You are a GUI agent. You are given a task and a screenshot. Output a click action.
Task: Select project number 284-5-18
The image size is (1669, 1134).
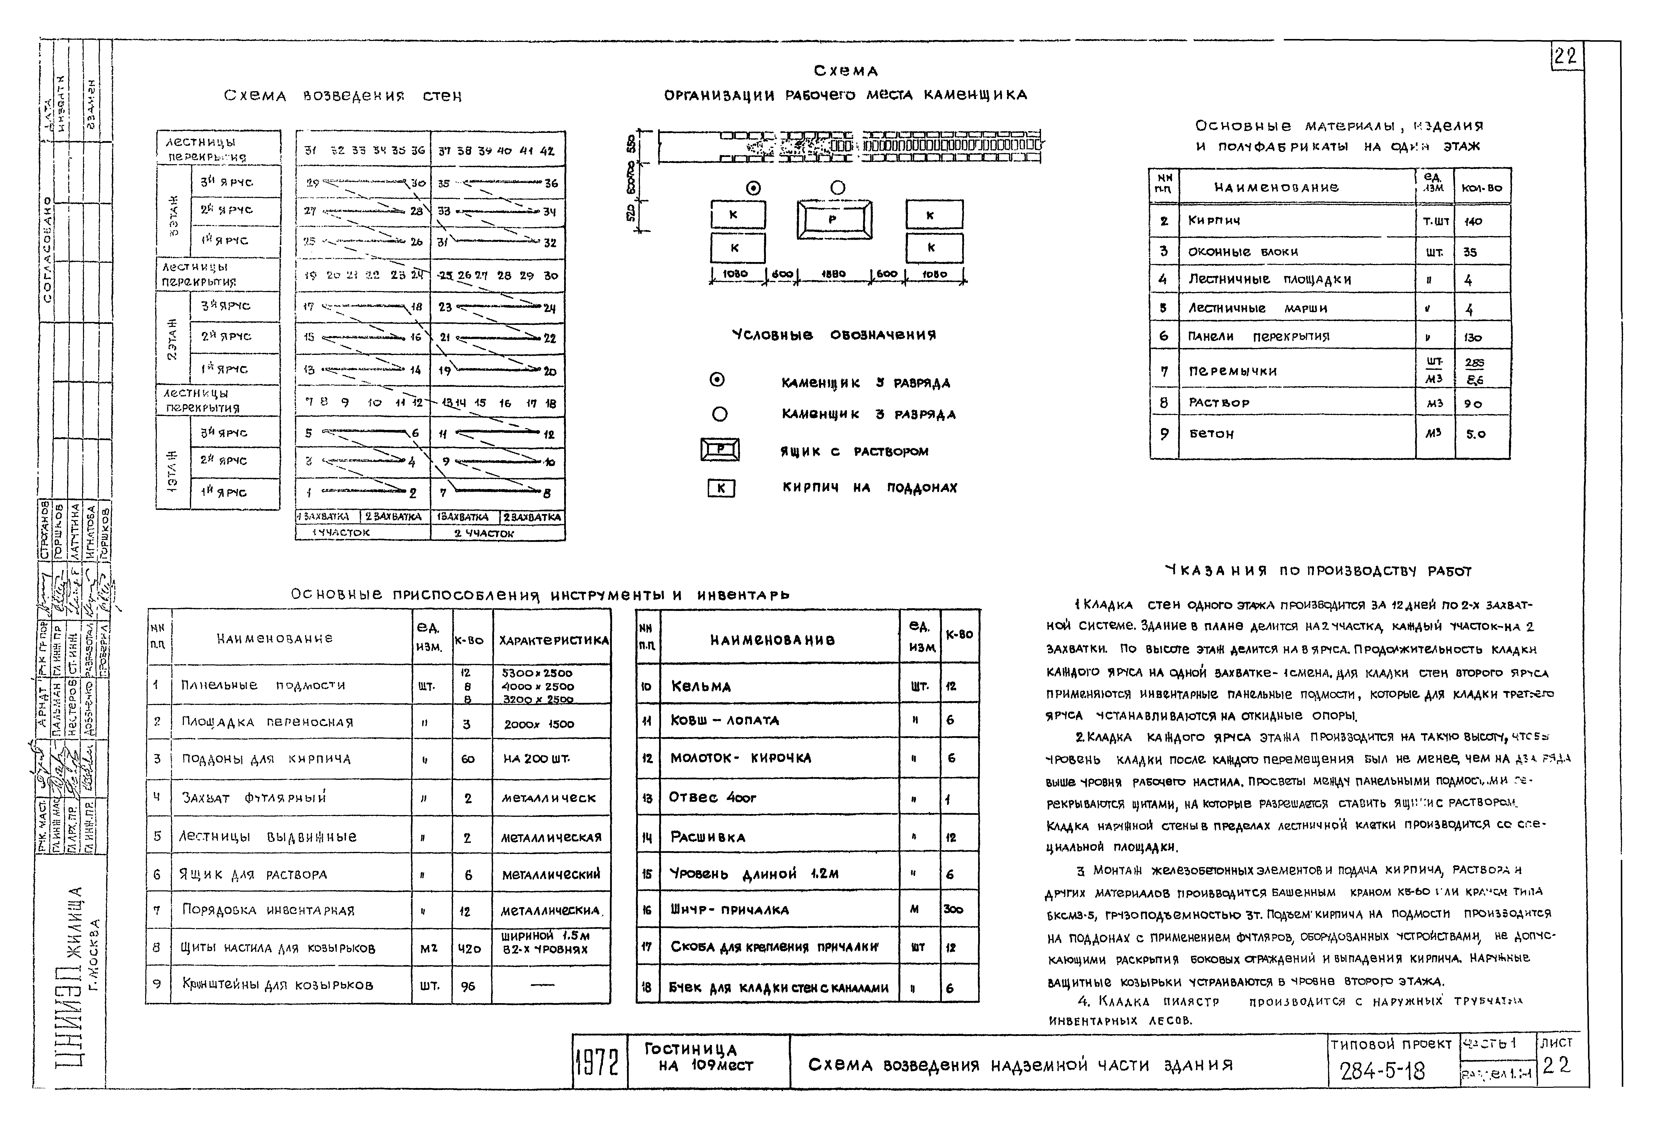pyautogui.click(x=1382, y=1072)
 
